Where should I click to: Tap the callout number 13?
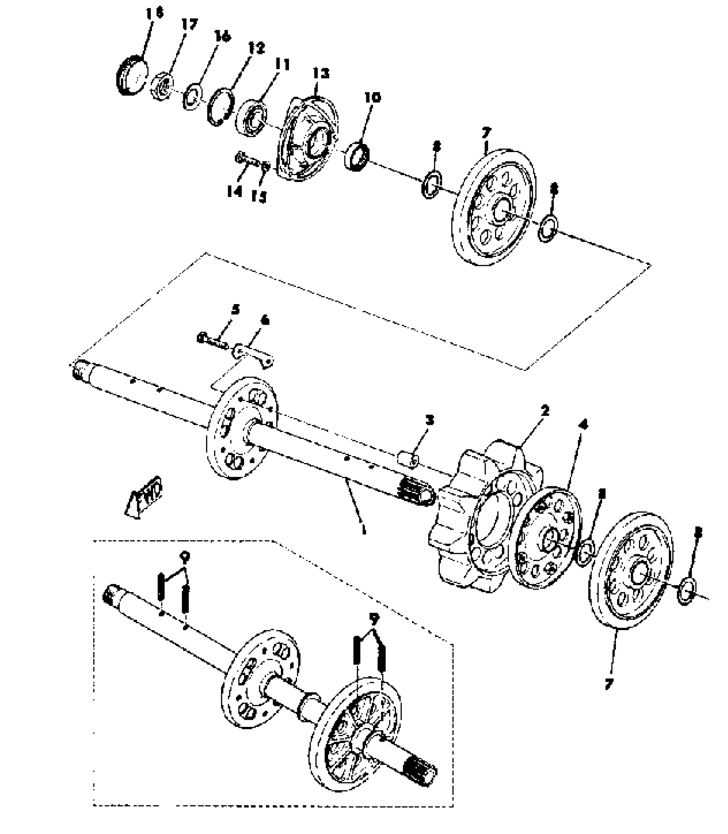(x=321, y=74)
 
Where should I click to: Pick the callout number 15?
(x=259, y=196)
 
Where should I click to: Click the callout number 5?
(x=236, y=310)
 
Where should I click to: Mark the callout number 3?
(x=430, y=420)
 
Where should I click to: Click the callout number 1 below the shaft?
(x=363, y=530)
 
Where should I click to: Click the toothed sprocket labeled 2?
(x=475, y=514)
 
